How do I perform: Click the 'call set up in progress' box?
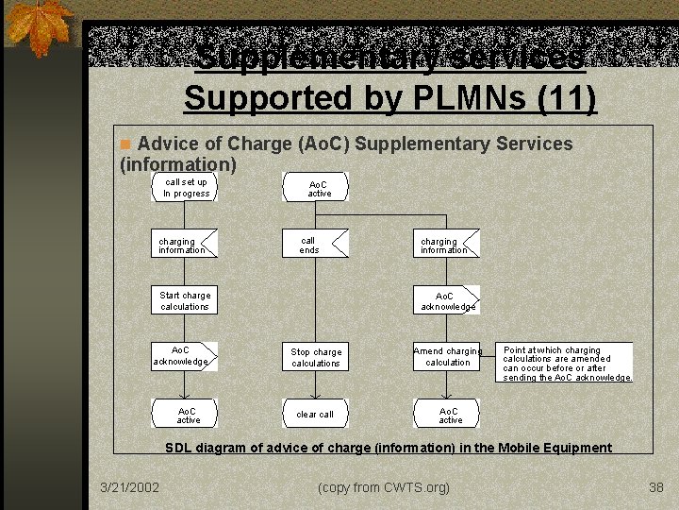click(x=186, y=187)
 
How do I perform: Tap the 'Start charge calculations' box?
click(x=185, y=300)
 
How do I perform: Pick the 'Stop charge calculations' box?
click(x=315, y=357)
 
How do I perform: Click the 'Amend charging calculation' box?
click(x=447, y=357)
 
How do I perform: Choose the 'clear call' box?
click(x=315, y=414)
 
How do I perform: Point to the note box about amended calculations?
click(x=565, y=363)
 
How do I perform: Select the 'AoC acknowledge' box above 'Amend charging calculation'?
click(x=447, y=300)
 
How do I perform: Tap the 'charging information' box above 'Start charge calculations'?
click(x=185, y=245)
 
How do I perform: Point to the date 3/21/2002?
click(x=129, y=487)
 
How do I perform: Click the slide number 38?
click(x=656, y=487)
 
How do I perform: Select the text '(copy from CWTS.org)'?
click(x=384, y=487)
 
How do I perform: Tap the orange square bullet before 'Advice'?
click(x=124, y=144)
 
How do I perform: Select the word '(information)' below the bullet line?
click(x=177, y=164)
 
